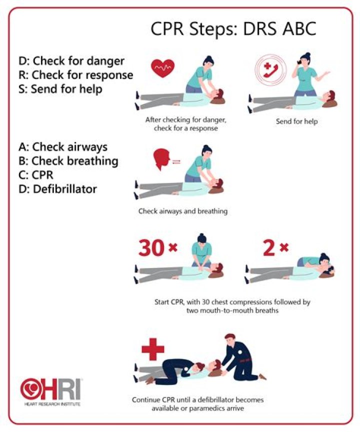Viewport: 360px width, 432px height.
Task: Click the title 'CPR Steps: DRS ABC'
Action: click(x=233, y=29)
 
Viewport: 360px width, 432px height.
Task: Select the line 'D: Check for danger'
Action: click(x=71, y=61)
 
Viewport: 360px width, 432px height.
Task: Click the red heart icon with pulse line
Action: click(x=162, y=67)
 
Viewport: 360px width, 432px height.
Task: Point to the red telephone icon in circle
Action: click(x=270, y=69)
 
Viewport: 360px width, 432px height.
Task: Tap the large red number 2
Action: click(x=268, y=248)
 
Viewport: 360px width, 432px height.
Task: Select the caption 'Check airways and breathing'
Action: click(x=183, y=211)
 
